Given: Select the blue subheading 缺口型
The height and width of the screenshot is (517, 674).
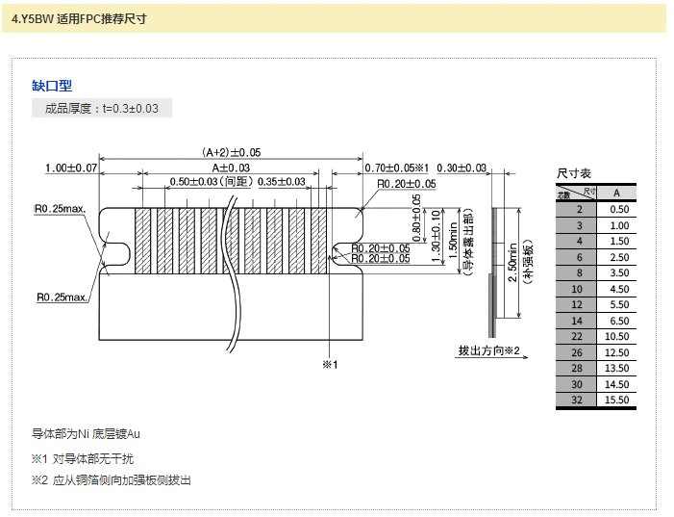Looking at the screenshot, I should [x=52, y=87].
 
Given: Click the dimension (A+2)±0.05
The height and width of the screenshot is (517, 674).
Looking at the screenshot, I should [x=231, y=152].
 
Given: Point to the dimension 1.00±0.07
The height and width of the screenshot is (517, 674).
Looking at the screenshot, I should [x=71, y=168].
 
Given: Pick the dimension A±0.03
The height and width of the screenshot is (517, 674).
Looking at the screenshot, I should [x=231, y=168].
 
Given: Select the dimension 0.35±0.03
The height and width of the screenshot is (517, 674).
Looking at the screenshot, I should [x=282, y=182].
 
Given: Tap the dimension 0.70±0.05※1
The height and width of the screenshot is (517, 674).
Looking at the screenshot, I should [x=397, y=168].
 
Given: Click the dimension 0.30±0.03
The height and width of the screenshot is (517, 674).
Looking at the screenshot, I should [x=462, y=168].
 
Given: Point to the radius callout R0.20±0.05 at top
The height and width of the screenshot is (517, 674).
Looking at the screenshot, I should [x=406, y=184].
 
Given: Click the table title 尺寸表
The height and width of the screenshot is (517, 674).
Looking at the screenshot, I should [x=575, y=173].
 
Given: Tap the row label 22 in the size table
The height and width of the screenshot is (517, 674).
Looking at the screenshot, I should [x=577, y=336].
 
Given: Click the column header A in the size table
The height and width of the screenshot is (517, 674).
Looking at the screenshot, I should [x=616, y=193].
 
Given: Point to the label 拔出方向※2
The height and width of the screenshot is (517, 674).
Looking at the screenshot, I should [x=488, y=350].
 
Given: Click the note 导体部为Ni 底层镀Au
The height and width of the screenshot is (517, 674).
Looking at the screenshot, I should [x=87, y=434].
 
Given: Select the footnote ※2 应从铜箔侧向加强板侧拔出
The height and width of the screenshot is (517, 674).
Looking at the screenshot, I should [x=112, y=479].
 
